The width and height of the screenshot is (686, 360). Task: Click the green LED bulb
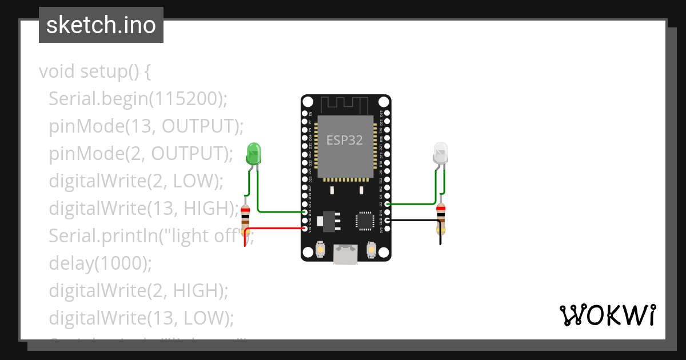point(253,153)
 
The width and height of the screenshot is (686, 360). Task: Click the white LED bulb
point(440,153)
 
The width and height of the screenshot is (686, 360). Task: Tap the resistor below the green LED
point(246,220)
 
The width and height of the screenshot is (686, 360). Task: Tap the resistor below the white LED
point(441,219)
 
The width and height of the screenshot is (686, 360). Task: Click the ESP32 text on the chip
point(345,141)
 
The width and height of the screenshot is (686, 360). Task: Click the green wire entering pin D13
point(280,211)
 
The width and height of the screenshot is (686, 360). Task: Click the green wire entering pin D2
point(412,203)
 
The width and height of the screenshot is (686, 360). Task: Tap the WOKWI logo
point(607,315)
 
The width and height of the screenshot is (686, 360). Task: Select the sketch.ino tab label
point(101,25)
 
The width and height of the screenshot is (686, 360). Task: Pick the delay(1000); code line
point(101,263)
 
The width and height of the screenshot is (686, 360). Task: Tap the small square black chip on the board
point(365,221)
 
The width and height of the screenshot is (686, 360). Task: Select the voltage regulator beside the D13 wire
point(329,221)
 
